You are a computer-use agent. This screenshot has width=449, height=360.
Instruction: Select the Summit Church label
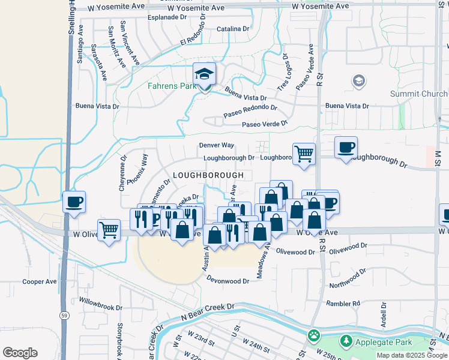tap(418, 94)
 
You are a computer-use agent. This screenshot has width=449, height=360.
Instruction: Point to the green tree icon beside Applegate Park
tap(346, 341)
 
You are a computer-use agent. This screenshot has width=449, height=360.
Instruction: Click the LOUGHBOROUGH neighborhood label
tap(208, 175)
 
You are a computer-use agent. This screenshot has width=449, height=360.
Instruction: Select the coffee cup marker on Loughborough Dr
tap(346, 148)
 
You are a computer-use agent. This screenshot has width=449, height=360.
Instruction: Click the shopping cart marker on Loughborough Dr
tap(304, 154)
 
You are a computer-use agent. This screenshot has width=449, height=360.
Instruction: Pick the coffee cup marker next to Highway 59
tap(74, 203)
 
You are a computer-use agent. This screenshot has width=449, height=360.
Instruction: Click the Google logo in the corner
tap(20, 353)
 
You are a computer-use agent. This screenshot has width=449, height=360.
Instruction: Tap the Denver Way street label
tap(217, 145)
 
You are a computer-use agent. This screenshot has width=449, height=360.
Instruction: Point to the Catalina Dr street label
tap(233, 29)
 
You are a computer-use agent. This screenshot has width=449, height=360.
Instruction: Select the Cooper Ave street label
tap(39, 281)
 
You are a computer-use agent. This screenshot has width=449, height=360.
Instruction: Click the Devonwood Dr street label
tap(228, 280)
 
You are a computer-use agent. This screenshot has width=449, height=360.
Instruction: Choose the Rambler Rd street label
tap(348, 304)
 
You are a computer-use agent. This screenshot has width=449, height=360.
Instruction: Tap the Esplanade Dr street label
tap(167, 17)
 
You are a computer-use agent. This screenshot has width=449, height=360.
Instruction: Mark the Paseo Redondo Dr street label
tap(250, 110)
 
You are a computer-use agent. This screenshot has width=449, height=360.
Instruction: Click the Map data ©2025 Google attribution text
tap(411, 355)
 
